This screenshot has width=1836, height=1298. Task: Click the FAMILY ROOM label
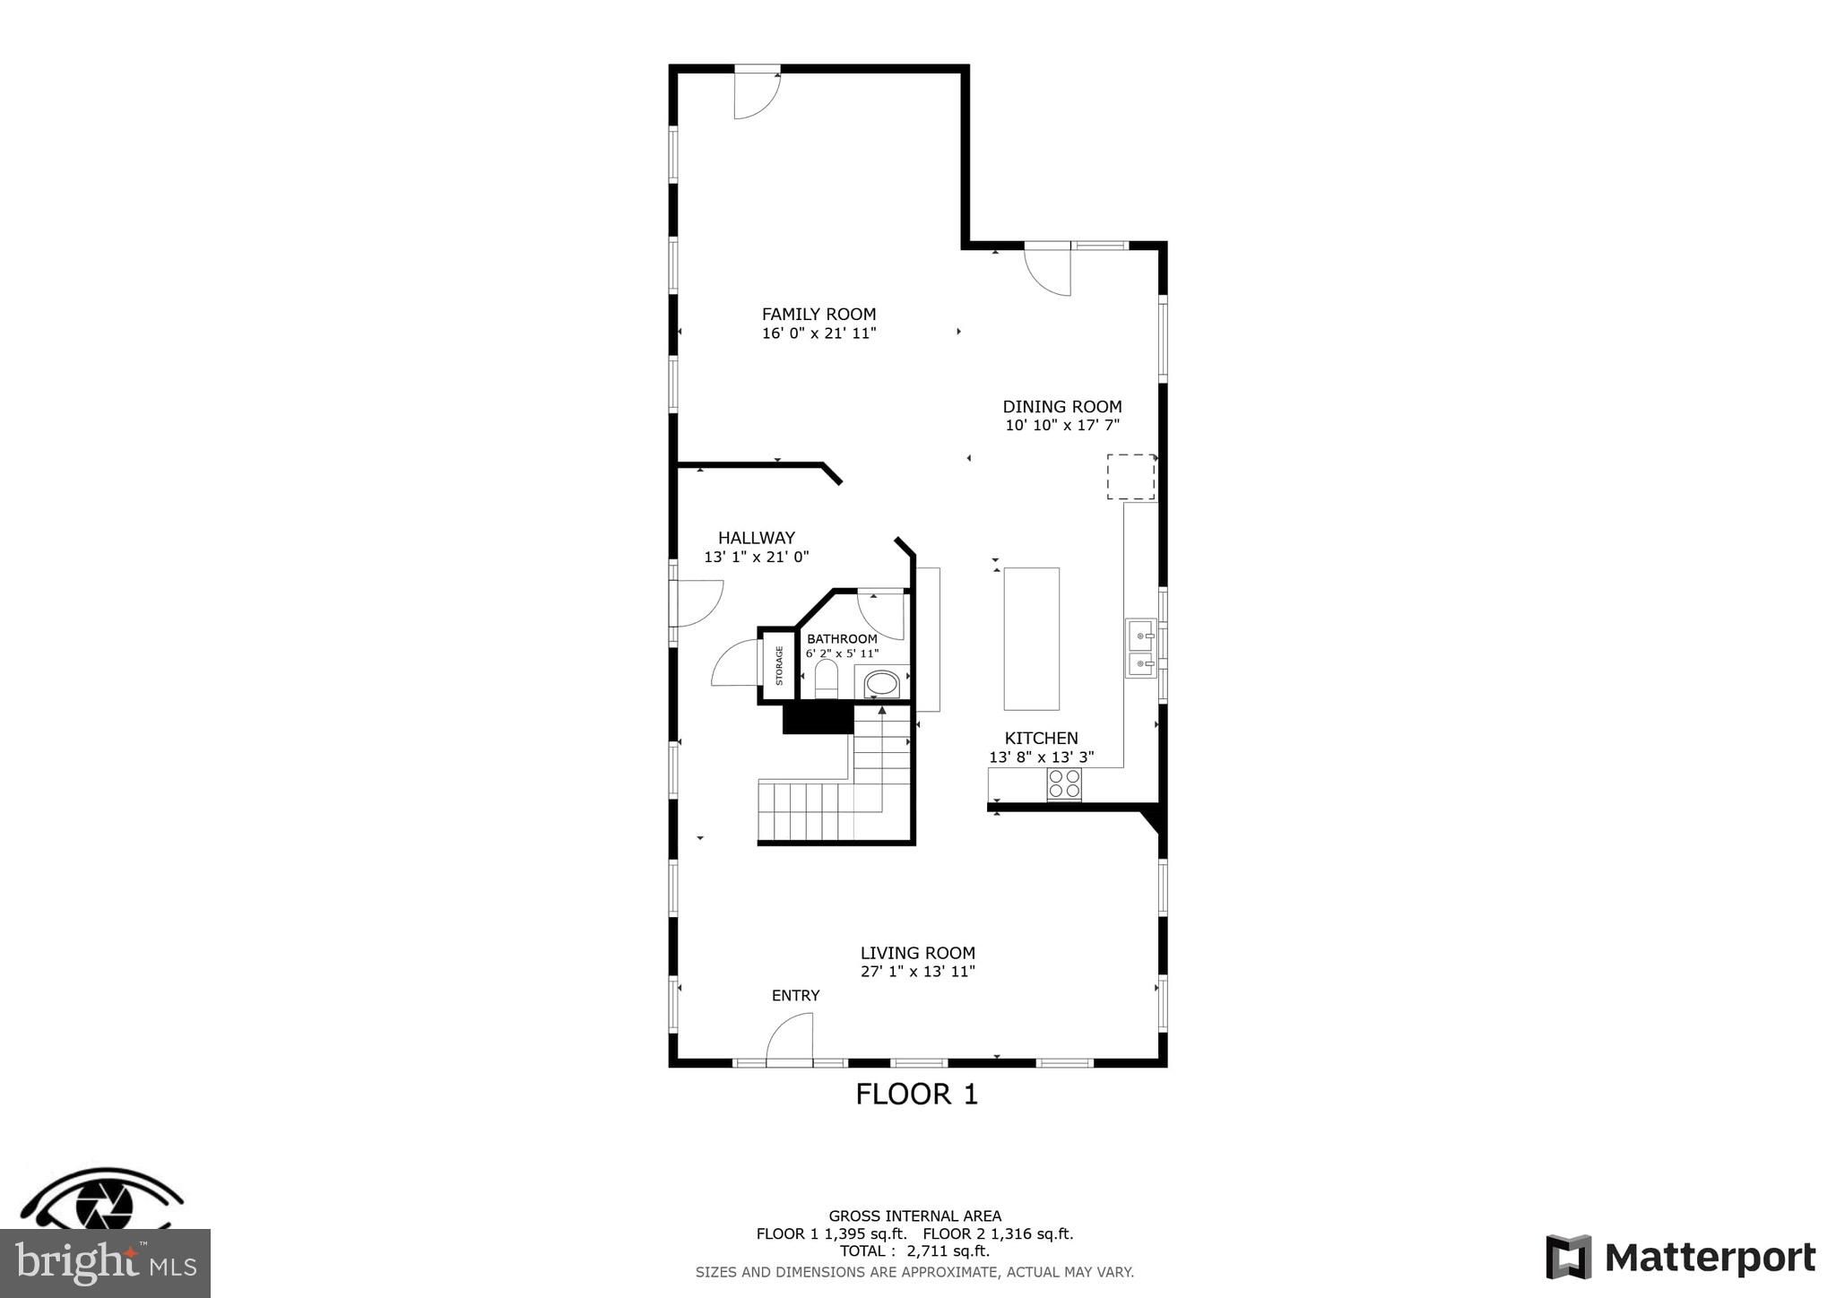click(818, 314)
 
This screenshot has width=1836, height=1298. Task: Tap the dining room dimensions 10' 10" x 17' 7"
click(1062, 426)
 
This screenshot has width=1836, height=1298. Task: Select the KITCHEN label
click(1041, 738)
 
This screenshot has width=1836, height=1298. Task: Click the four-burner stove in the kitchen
click(1064, 784)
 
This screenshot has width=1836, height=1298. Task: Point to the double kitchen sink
click(1140, 648)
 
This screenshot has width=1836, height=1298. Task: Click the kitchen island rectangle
click(1031, 638)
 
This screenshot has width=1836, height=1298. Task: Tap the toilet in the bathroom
click(826, 679)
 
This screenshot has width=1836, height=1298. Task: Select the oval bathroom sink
click(881, 684)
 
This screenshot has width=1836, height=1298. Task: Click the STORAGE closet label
click(779, 665)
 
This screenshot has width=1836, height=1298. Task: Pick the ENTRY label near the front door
click(795, 995)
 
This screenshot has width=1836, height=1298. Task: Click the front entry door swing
click(791, 1038)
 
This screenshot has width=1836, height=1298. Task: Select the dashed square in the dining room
click(1130, 476)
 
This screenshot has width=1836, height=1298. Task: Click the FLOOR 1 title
click(916, 1094)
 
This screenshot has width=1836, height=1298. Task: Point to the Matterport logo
click(1680, 1257)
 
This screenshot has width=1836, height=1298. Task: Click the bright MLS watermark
click(105, 1263)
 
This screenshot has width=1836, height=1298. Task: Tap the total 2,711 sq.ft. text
click(914, 1250)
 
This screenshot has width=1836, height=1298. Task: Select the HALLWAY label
click(756, 538)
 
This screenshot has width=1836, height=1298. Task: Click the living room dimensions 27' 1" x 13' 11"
click(917, 971)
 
